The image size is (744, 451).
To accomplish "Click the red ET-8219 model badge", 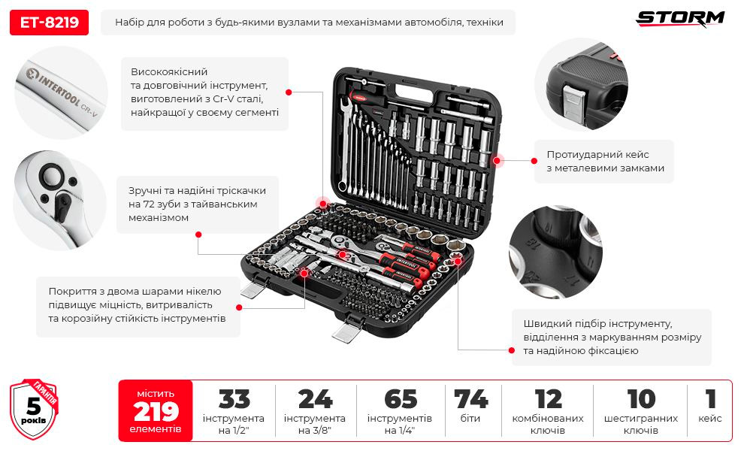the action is tap(49, 23).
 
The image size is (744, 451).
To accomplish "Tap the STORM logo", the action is tap(680, 19).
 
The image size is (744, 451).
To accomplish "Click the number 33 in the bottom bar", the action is tap(234, 399).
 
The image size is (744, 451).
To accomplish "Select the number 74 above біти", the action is tap(470, 399).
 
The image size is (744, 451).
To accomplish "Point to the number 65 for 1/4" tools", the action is tap(401, 399).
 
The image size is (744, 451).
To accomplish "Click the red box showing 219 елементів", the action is tap(156, 410).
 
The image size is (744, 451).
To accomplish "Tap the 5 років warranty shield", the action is tap(34, 409).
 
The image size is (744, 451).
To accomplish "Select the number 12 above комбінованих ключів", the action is tap(548, 399).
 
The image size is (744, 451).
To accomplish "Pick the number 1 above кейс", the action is tap(710, 399).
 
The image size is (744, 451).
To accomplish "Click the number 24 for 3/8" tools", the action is tap(315, 399).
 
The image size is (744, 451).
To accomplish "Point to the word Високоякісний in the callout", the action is tap(169, 72).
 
